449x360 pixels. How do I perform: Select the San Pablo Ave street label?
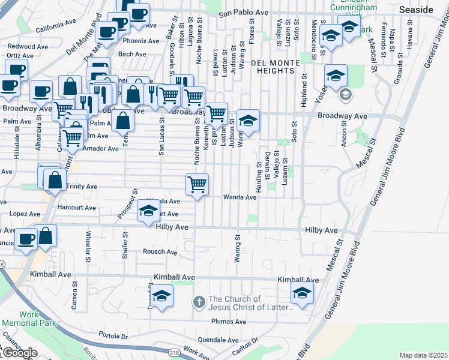click(x=243, y=13)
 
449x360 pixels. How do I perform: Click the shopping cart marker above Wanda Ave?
click(x=197, y=184)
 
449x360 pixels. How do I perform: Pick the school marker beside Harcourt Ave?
click(x=148, y=211)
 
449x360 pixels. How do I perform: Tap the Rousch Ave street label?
click(x=160, y=252)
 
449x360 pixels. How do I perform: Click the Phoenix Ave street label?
click(x=140, y=41)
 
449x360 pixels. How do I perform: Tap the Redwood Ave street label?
click(x=28, y=46)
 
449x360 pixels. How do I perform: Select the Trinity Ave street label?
click(x=82, y=187)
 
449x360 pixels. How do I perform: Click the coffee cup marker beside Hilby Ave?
click(x=26, y=239)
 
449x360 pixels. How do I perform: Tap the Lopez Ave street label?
click(x=20, y=214)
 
